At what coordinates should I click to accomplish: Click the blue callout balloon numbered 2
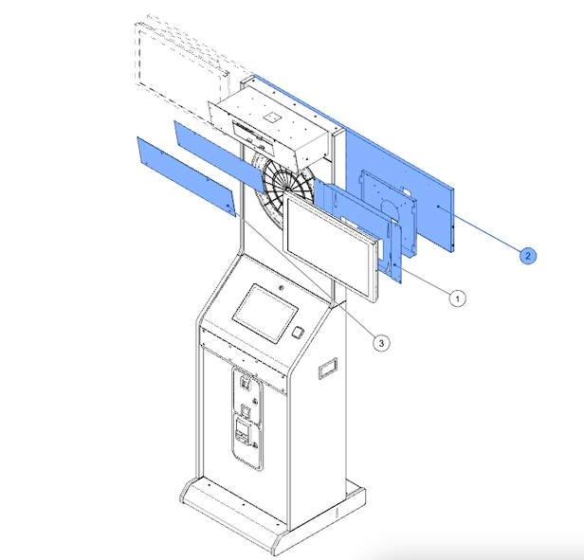(x=528, y=256)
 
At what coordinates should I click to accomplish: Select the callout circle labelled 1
(x=457, y=298)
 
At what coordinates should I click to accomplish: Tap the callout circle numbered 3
(x=381, y=343)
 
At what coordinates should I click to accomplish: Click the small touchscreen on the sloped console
(x=265, y=314)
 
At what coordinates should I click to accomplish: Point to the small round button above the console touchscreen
(x=282, y=288)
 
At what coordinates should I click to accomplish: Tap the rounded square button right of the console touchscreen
(x=298, y=333)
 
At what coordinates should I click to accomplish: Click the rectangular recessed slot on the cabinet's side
(x=328, y=369)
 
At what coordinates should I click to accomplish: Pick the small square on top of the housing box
(x=272, y=117)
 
